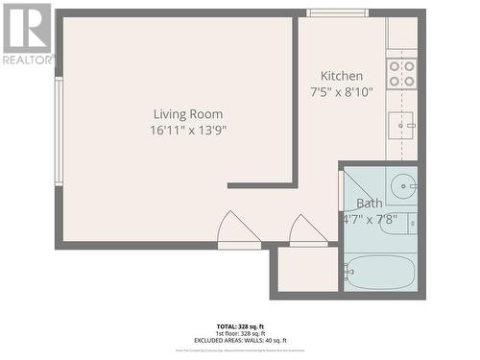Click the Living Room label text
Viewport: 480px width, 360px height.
(x=188, y=114)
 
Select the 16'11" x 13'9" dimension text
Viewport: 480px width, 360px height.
(x=188, y=130)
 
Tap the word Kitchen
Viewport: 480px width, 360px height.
(x=342, y=76)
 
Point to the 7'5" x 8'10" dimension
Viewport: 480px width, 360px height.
(x=342, y=92)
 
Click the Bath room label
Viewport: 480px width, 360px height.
(x=369, y=204)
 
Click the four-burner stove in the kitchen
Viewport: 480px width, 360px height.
(x=401, y=74)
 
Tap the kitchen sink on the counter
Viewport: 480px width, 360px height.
(x=401, y=123)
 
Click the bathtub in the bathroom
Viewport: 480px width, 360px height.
(x=379, y=273)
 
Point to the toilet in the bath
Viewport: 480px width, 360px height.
(x=399, y=224)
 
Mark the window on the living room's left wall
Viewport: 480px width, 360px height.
(x=59, y=132)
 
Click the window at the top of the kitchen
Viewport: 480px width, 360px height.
(x=337, y=12)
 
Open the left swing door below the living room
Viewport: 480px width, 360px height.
(x=238, y=230)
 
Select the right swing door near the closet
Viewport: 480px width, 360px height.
(x=308, y=230)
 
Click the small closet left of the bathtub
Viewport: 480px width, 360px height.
(x=307, y=270)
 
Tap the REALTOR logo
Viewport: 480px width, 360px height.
(x=28, y=34)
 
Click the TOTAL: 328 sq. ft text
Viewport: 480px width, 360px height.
(x=240, y=327)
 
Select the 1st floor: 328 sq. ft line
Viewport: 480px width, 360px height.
(x=240, y=334)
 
